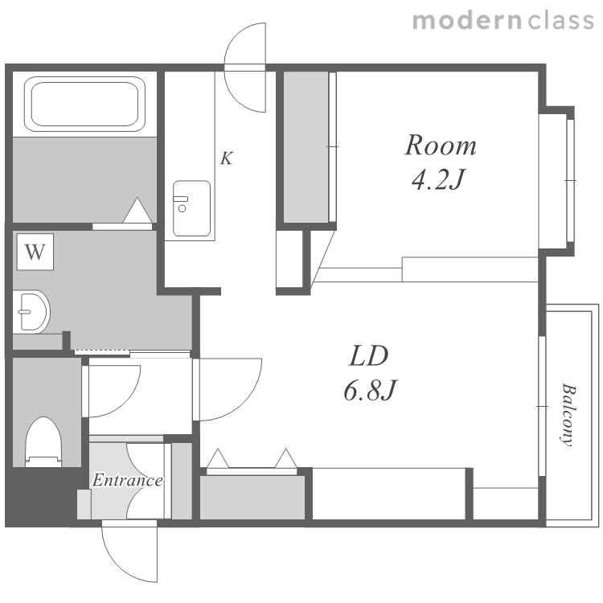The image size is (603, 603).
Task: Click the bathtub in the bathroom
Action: click(84, 104)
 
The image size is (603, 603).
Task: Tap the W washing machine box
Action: click(35, 252)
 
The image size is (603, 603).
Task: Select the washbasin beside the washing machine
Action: click(31, 311)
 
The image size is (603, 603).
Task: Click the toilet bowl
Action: click(43, 441)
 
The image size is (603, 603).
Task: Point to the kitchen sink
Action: click(191, 208)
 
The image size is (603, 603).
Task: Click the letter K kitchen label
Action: click(227, 158)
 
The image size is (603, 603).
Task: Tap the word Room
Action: click(441, 146)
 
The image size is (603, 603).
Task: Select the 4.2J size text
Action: click(437, 179)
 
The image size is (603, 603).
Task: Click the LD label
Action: click(368, 356)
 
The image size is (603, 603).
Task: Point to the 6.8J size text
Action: click(370, 390)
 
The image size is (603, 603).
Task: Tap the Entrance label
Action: click(127, 480)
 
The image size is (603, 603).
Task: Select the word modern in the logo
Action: click(467, 21)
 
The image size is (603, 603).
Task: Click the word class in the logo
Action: click(561, 21)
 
